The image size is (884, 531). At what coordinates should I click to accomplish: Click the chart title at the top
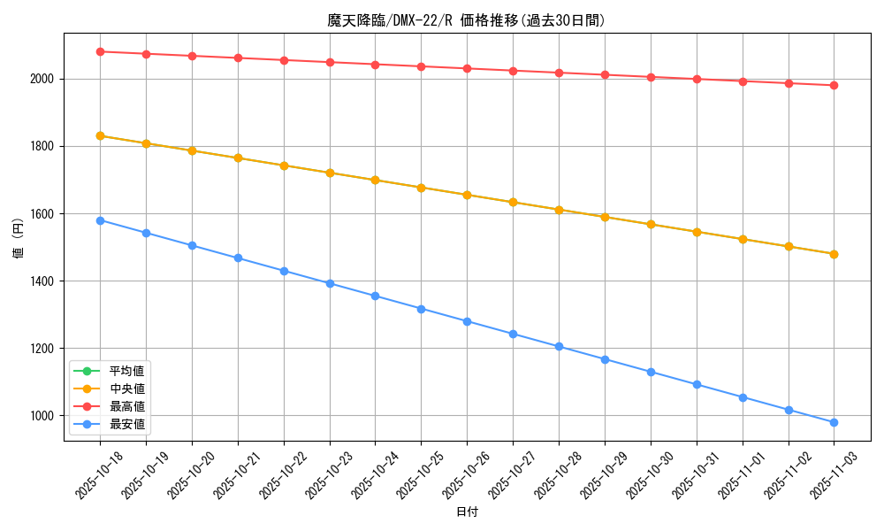467,20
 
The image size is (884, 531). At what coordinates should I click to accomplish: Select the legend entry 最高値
127,406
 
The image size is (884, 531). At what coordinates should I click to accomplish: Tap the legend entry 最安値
127,425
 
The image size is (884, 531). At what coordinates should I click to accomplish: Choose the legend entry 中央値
127,389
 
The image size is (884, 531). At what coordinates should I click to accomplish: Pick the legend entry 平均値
127,370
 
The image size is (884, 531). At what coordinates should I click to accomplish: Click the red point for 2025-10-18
100,52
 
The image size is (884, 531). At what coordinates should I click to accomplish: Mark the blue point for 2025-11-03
834,422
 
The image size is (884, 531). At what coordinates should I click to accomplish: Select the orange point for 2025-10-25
421,188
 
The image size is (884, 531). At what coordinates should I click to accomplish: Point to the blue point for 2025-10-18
100,220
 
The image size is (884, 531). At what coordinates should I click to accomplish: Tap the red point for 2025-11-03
834,86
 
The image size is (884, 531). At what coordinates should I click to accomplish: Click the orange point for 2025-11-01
743,239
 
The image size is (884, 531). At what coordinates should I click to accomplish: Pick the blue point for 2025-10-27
513,334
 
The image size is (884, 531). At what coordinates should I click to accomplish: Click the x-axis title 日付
467,512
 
